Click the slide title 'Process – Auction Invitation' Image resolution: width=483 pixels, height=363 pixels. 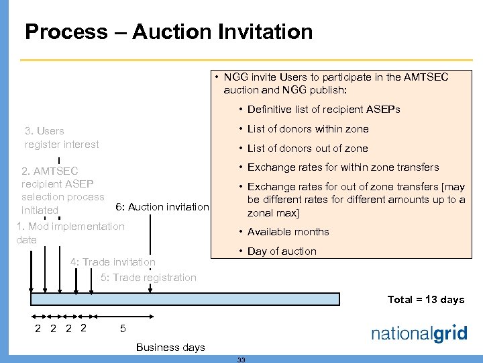[x=168, y=32]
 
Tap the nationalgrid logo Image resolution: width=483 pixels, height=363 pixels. [x=419, y=334]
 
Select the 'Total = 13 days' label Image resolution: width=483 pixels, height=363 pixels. [x=426, y=300]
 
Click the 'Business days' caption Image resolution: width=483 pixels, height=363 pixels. [x=170, y=347]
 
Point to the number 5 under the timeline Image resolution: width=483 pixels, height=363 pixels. [x=122, y=329]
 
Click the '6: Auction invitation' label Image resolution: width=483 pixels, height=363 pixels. [x=162, y=207]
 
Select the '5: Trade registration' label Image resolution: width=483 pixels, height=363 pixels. [x=148, y=277]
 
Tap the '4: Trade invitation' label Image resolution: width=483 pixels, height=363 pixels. [x=113, y=261]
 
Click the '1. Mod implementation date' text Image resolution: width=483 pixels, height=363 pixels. [x=70, y=233]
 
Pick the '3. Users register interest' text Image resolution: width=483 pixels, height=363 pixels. [x=61, y=137]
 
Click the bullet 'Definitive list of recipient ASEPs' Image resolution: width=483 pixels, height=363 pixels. [x=323, y=110]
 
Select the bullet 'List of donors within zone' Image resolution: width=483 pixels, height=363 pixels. [x=308, y=129]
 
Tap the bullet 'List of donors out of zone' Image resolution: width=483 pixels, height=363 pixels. [x=307, y=148]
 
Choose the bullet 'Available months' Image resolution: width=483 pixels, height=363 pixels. [x=288, y=232]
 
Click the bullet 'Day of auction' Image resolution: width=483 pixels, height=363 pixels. [x=282, y=251]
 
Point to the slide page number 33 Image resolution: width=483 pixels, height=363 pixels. [x=241, y=360]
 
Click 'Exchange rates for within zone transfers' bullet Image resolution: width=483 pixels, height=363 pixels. [x=343, y=167]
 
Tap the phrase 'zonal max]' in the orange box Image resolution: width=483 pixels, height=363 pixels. [x=273, y=213]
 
